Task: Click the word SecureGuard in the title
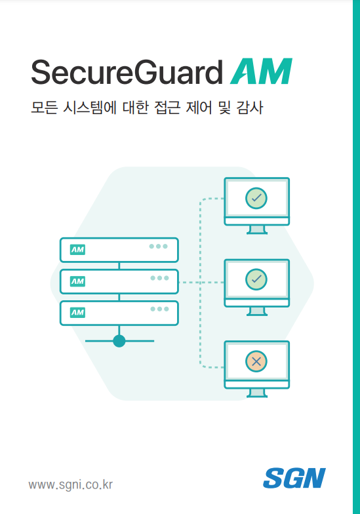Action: (127, 72)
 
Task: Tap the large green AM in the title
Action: (261, 71)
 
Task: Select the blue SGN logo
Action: (294, 479)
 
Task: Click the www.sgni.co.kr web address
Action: (71, 484)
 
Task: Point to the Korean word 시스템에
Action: (89, 108)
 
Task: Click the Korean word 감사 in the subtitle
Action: (249, 108)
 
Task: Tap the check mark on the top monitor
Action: (256, 198)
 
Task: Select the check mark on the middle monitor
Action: (256, 279)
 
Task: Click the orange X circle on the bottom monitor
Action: (256, 361)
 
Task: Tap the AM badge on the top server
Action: (77, 250)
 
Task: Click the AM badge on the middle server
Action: (77, 281)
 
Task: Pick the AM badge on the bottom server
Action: (77, 312)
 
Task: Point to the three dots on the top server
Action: (159, 247)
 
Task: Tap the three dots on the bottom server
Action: (160, 309)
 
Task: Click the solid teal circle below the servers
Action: (119, 341)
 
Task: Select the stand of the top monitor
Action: (257, 229)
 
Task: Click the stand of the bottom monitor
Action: (257, 393)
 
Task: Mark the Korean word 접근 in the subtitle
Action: (167, 108)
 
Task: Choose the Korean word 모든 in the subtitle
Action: (45, 108)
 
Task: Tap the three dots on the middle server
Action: (160, 278)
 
